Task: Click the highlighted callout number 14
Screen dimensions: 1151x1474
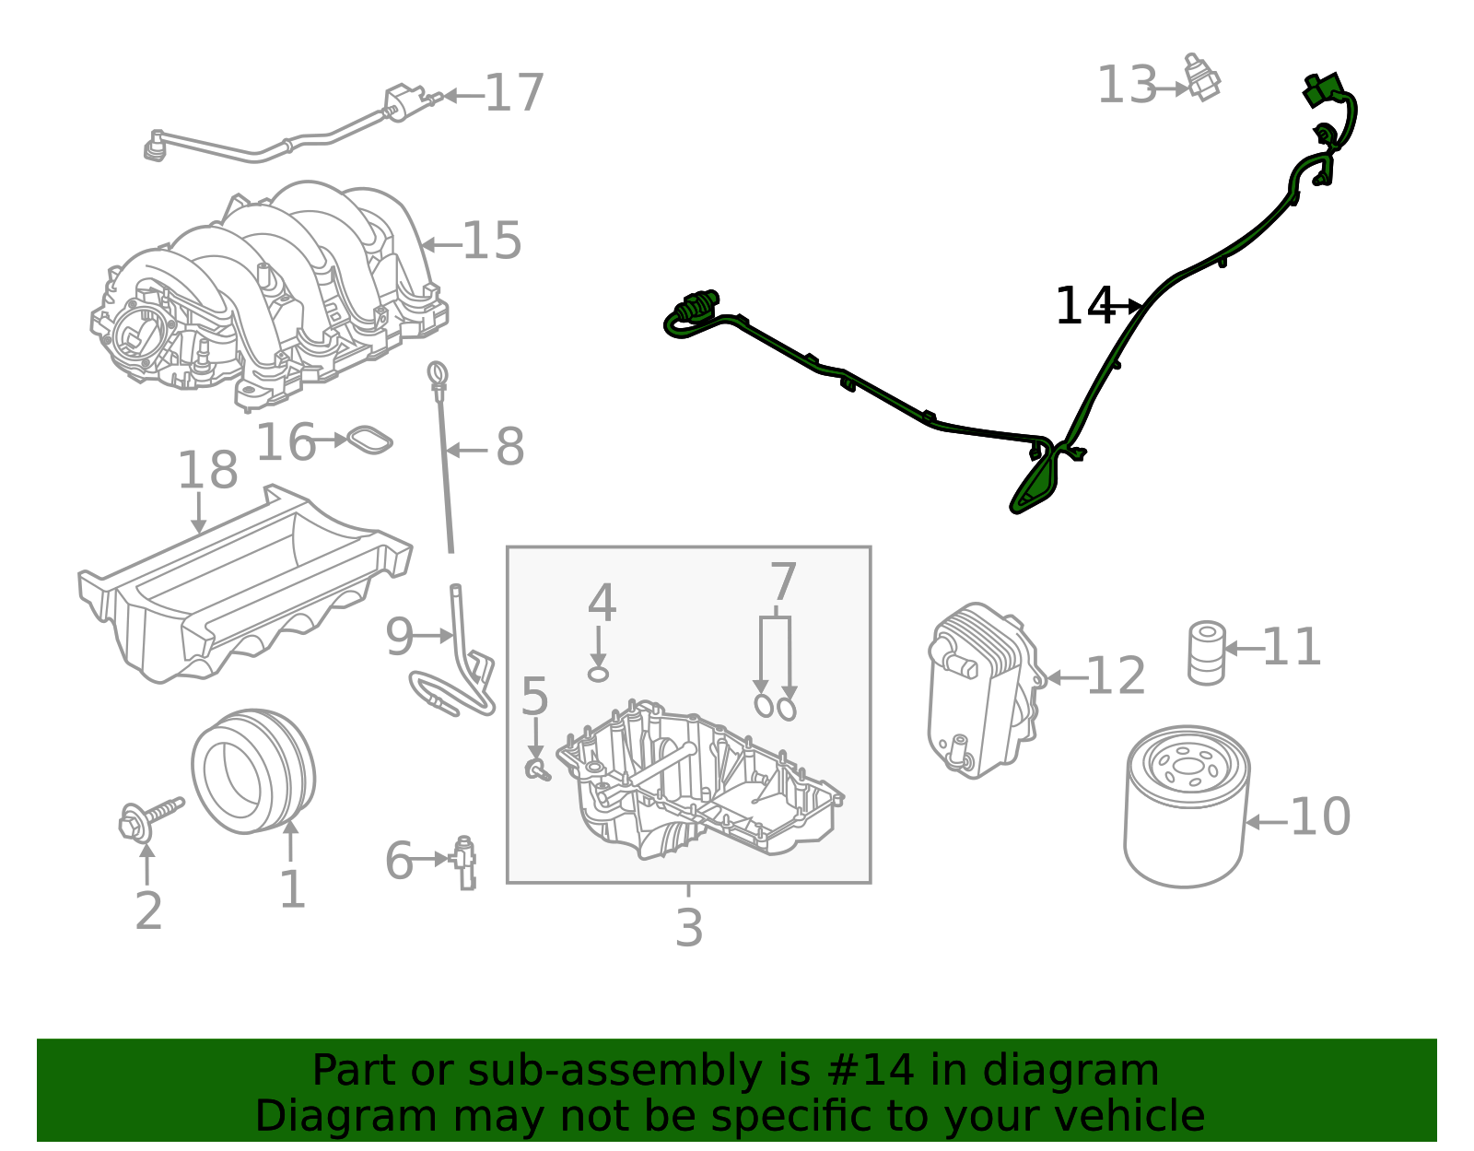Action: tap(1083, 306)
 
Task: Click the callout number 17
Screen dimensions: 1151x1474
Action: tap(514, 94)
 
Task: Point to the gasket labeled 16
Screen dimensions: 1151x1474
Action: tap(368, 440)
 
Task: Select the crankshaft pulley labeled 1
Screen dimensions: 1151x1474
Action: tap(252, 770)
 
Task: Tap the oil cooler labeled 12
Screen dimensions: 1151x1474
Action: tap(982, 691)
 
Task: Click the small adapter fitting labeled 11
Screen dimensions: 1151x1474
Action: tap(1206, 652)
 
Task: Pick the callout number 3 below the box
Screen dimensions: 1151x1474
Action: tap(688, 928)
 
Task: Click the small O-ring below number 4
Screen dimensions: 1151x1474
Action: tap(599, 674)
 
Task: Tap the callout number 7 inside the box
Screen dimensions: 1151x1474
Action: tap(782, 582)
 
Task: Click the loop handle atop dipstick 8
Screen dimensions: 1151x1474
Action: tap(438, 372)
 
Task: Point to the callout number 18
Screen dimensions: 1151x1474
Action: tap(207, 471)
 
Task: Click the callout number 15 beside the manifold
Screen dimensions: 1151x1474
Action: tap(492, 241)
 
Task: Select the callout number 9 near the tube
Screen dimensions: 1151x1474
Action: tap(399, 637)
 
